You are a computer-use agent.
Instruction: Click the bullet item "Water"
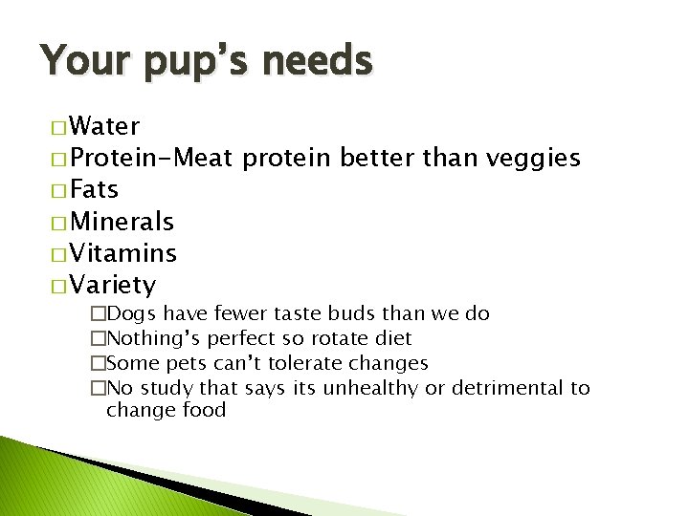coord(105,126)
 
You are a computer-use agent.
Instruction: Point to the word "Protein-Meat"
coord(152,158)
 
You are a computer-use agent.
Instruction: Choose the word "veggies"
coord(533,158)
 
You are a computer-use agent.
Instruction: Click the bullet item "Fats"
coord(94,189)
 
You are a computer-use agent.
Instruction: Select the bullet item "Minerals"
coord(122,222)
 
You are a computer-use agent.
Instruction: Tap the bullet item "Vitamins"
coord(122,253)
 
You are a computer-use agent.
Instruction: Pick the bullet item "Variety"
coord(113,285)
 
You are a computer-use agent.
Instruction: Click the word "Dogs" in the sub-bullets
coord(133,313)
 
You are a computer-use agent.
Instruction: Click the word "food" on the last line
coord(203,411)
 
